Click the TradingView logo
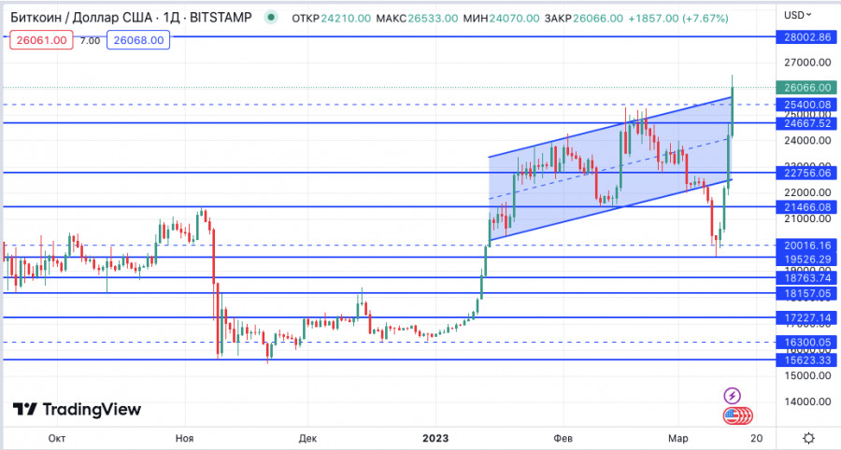(77, 409)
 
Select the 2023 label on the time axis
(436, 437)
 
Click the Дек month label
(309, 437)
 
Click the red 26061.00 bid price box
(38, 39)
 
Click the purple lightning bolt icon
(733, 396)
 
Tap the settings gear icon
(808, 437)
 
